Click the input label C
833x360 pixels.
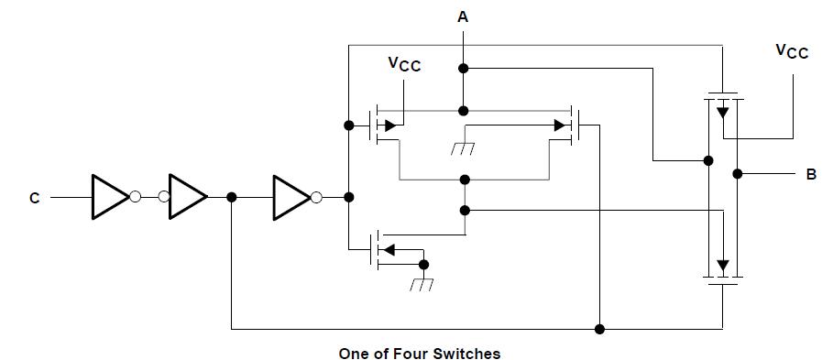tap(34, 197)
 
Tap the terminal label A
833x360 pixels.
tap(464, 16)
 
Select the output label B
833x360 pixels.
tap(811, 174)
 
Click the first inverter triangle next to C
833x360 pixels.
tap(110, 196)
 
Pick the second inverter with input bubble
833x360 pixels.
tap(187, 196)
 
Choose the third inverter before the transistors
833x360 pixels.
tap(291, 196)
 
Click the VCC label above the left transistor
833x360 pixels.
tap(404, 65)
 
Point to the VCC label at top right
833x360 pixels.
tap(793, 51)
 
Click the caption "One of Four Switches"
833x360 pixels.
tap(420, 353)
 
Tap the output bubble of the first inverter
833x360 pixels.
tap(136, 196)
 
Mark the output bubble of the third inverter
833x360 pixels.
tap(317, 196)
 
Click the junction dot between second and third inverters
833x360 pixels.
tap(232, 196)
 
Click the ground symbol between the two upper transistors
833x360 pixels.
tap(464, 147)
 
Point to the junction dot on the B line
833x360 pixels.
tap(738, 173)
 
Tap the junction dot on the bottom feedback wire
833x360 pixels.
tap(599, 328)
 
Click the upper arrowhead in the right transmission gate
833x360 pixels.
tap(723, 112)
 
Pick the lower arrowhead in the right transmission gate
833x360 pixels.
tap(723, 267)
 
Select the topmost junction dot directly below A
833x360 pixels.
tap(464, 68)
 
